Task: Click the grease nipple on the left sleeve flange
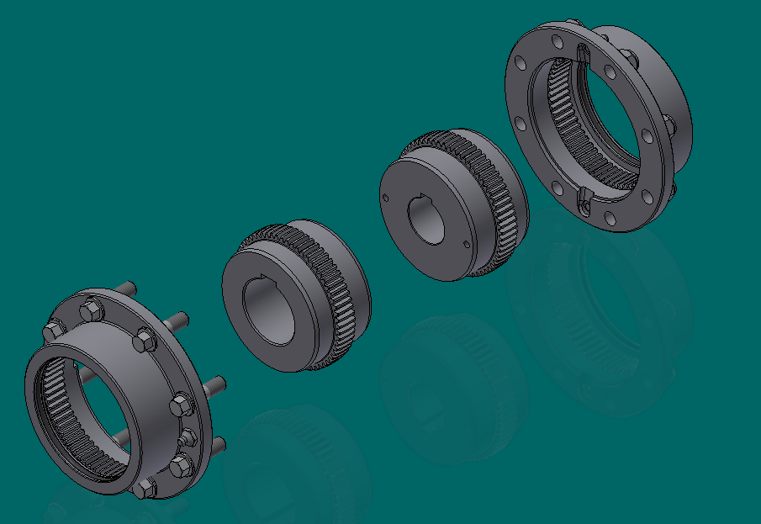188,437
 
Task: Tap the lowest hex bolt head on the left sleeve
144,489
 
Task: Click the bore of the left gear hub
269,311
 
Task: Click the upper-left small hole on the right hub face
385,198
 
